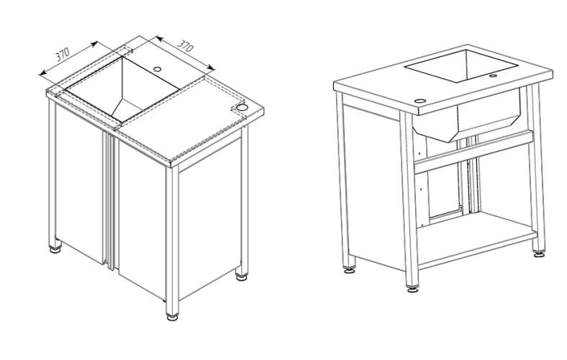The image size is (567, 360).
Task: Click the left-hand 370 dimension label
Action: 63,54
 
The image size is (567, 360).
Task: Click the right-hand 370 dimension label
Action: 186,45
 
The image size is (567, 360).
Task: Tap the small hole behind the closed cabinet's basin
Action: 158,68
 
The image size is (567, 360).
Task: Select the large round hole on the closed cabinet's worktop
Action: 242,107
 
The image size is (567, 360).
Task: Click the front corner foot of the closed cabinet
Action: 173,318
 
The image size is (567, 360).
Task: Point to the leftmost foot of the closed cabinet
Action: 55,249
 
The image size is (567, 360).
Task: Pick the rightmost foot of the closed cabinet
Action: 242,277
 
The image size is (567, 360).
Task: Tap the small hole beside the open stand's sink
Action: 493,76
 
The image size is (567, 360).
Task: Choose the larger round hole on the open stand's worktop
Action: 419,101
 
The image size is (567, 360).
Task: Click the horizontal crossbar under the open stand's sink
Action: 473,152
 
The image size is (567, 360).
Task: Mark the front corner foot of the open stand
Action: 412,289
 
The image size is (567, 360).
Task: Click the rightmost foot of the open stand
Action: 539,254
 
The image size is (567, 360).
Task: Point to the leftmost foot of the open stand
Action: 349,269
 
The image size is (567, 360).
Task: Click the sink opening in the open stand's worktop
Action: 461,66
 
